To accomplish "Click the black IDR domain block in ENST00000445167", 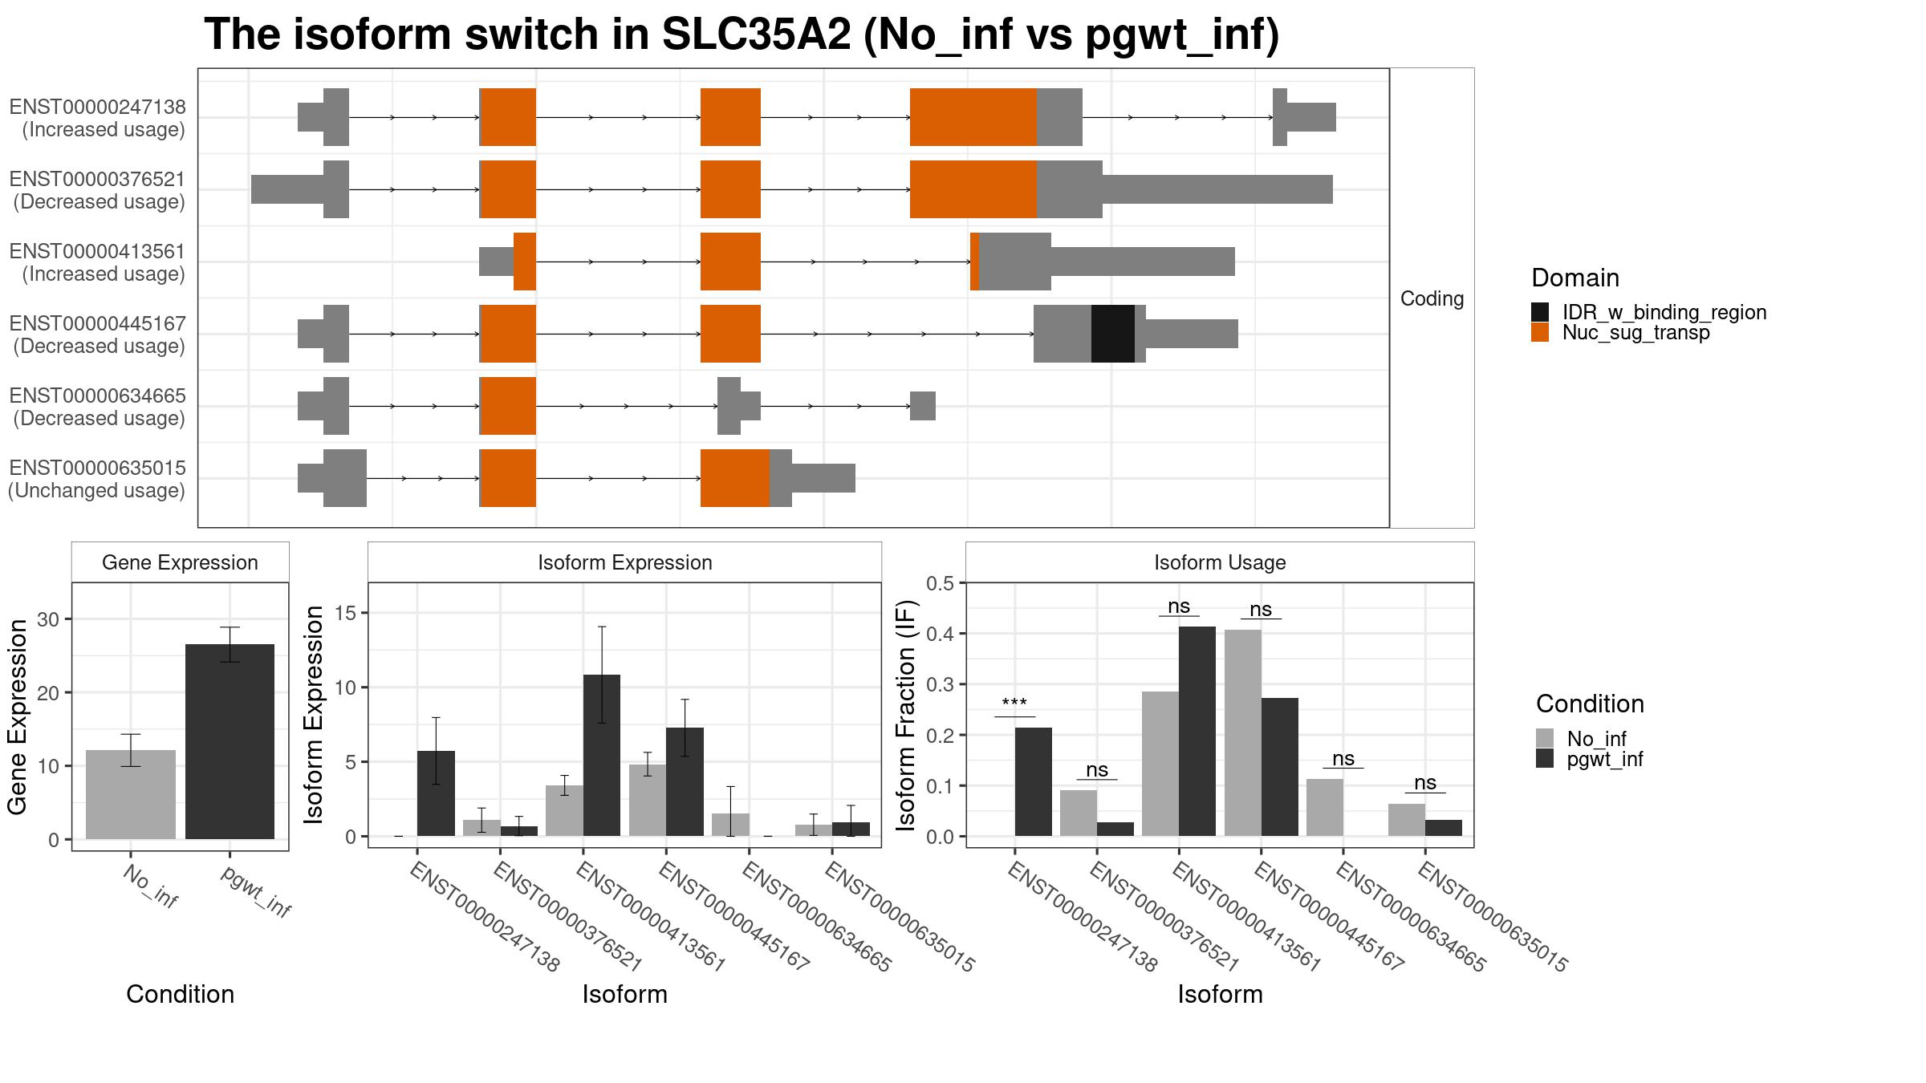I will [x=1112, y=334].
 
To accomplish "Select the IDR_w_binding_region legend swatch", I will [x=1539, y=312].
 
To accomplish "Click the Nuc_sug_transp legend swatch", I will [x=1539, y=333].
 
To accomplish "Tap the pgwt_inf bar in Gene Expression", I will [x=230, y=741].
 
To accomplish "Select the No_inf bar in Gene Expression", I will [x=130, y=794].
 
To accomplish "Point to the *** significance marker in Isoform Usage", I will [x=1014, y=704].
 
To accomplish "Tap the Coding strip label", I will [x=1432, y=298].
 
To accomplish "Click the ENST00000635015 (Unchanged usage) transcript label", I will [x=97, y=479].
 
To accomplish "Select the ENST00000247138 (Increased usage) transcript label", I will [x=97, y=118].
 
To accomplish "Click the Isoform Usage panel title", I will [x=1219, y=562].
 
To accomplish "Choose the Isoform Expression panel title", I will [x=624, y=562].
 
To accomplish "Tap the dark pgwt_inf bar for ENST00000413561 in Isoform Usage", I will [x=1197, y=731].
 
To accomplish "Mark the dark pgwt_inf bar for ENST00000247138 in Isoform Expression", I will [x=436, y=793].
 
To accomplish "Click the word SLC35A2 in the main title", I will [x=755, y=35].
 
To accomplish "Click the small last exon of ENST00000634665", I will [x=922, y=406].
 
